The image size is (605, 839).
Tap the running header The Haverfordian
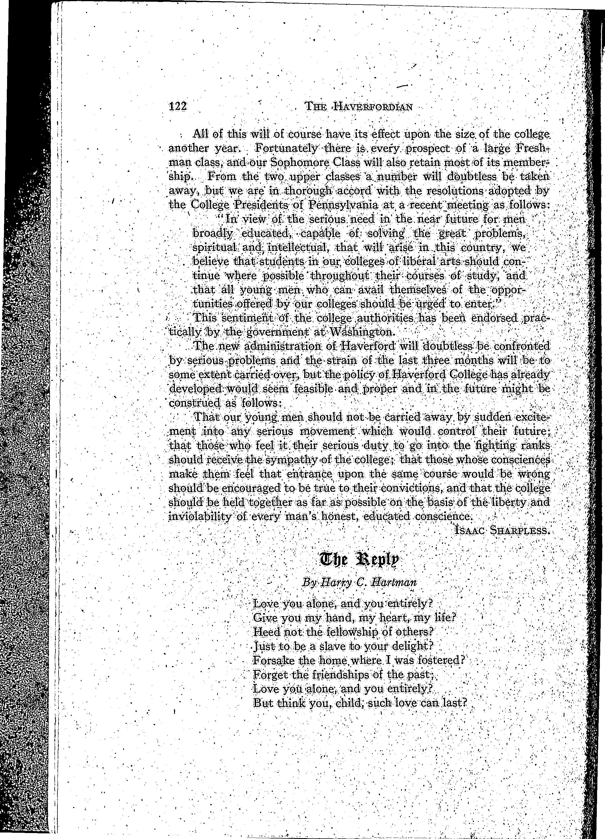[358, 107]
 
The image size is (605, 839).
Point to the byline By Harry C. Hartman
[359, 582]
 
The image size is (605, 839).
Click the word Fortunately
[286, 149]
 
